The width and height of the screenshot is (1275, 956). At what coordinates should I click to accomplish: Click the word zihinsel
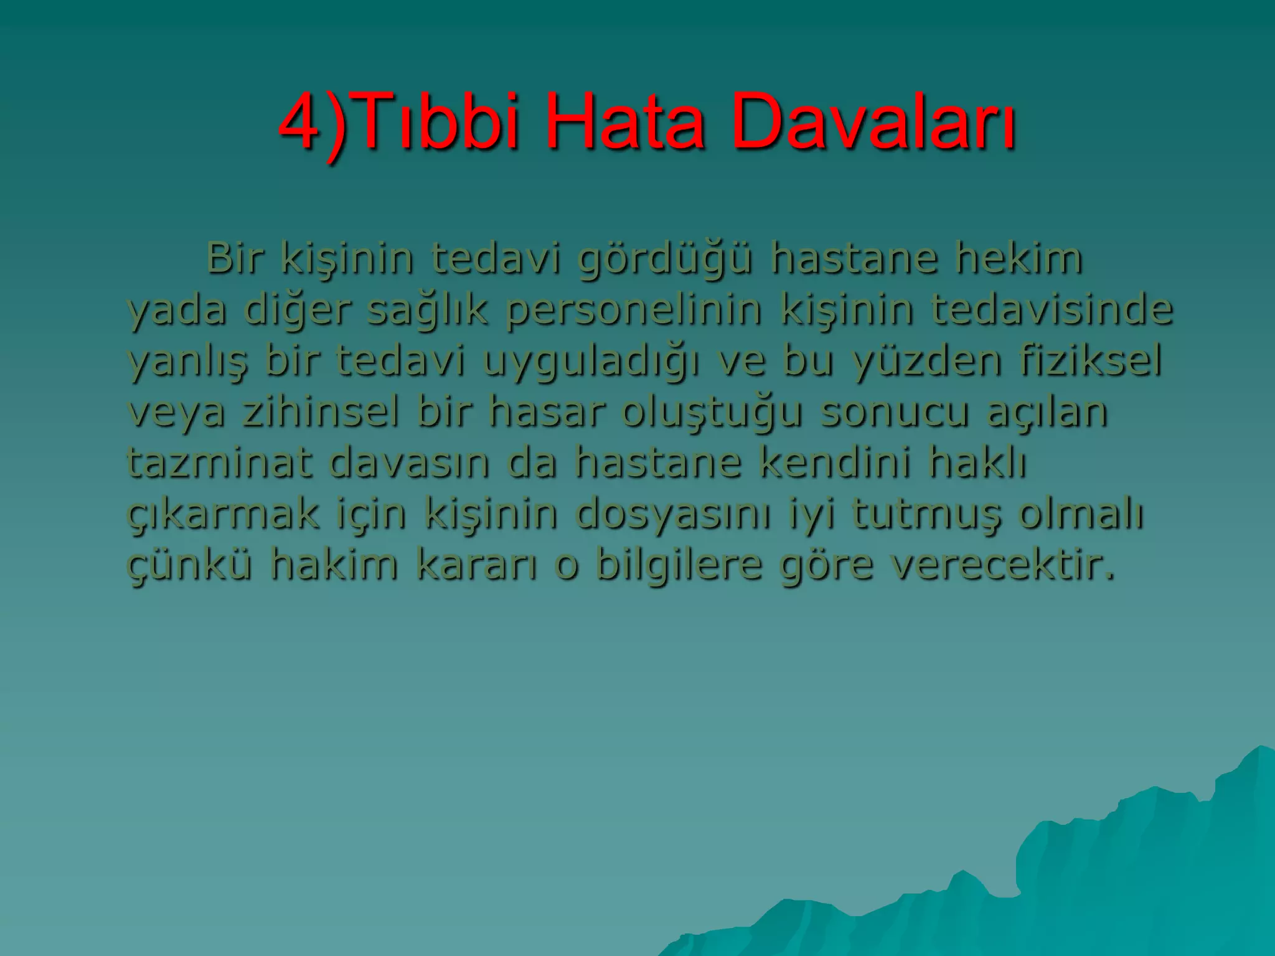tap(321, 411)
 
